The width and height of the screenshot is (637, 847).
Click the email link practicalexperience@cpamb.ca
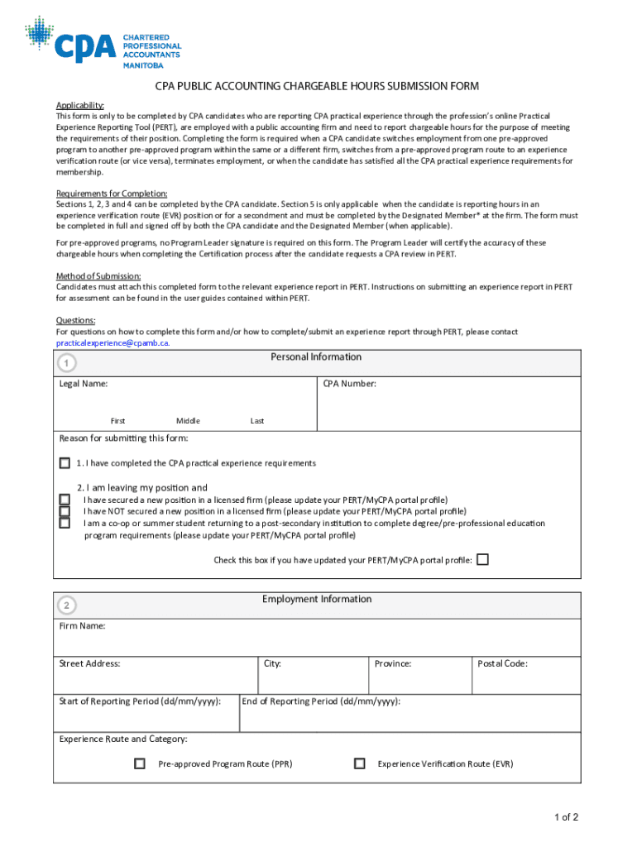pos(113,342)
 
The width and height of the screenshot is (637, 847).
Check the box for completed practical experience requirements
pos(65,463)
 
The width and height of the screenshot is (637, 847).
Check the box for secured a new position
pos(65,500)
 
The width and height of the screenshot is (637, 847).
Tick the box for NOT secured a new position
pos(65,511)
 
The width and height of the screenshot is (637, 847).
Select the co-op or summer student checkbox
pos(65,523)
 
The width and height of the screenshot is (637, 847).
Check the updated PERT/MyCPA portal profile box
pos(482,560)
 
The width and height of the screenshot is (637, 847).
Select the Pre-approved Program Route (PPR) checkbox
pos(140,763)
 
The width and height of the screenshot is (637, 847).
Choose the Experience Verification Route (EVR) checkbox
pos(359,763)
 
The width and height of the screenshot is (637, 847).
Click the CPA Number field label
pos(349,384)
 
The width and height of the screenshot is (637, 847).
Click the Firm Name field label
pos(82,626)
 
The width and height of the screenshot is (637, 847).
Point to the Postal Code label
pos(502,663)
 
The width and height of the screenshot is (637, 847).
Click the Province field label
pos(393,663)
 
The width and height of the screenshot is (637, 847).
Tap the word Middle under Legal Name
pos(188,421)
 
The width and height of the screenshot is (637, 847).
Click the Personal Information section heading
pos(316,357)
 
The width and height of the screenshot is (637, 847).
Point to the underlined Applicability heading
pos(79,105)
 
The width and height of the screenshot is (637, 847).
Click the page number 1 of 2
pos(566,818)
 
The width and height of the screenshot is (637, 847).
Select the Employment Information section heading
pos(317,600)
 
